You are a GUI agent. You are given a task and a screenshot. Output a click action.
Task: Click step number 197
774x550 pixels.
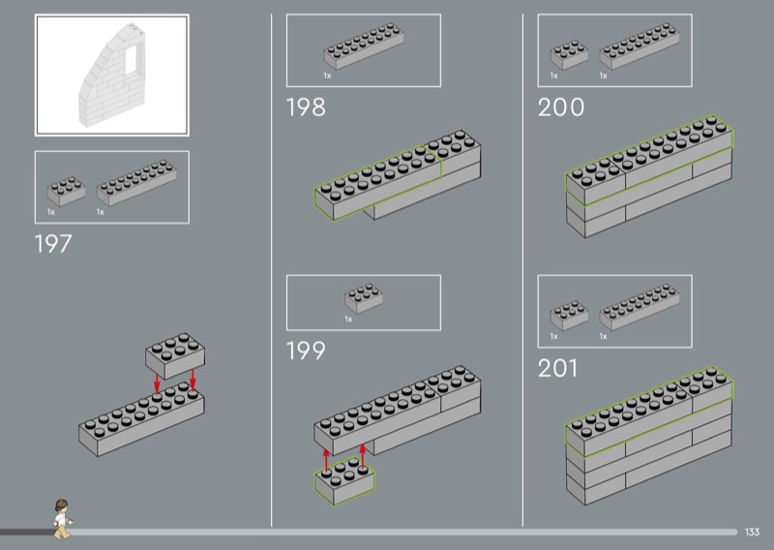(x=53, y=244)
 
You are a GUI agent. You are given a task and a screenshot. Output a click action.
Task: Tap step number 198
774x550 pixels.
(x=306, y=107)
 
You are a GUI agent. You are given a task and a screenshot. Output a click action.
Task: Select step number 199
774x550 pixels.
(x=306, y=350)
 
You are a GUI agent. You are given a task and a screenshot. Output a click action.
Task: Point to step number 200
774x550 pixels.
(x=561, y=107)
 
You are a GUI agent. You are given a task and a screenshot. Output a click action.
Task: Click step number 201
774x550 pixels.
(x=557, y=369)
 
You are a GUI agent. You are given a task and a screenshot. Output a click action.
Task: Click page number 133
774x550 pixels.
(x=754, y=531)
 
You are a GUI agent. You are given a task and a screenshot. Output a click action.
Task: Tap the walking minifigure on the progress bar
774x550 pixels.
(x=62, y=517)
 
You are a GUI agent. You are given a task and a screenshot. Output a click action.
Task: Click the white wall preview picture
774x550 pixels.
(x=111, y=76)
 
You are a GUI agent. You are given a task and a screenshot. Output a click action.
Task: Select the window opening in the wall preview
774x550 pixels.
(x=132, y=59)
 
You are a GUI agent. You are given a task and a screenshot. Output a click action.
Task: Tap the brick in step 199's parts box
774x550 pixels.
(x=363, y=299)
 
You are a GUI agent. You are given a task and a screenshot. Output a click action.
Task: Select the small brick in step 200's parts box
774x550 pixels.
(x=568, y=55)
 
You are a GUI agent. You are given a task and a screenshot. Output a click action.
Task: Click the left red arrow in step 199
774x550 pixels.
(x=327, y=459)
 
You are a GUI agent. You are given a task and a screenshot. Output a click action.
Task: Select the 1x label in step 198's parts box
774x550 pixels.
(x=328, y=75)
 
